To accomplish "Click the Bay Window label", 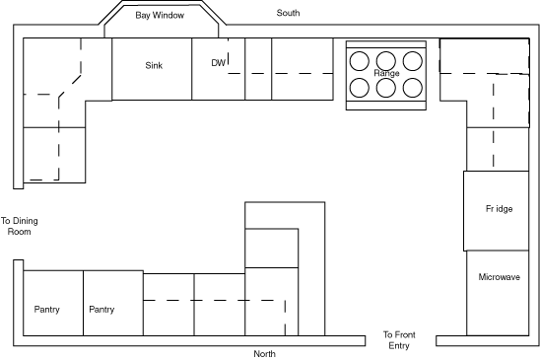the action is point(160,15).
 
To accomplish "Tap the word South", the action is point(288,13).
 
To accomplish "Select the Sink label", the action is point(154,65).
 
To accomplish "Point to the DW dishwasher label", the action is point(219,63).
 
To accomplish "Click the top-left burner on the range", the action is point(360,61).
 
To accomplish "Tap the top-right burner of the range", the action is point(413,61).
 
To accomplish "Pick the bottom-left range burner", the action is point(360,88).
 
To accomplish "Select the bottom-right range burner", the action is point(413,88).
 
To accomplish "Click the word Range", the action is point(386,73).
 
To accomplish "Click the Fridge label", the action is point(499,209).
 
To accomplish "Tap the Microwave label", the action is point(499,277).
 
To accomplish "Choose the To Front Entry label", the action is point(399,340).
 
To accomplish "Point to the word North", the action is point(264,354).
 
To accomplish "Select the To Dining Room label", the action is point(20,226).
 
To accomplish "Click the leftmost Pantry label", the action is point(47,310).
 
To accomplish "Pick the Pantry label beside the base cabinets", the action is point(101,310).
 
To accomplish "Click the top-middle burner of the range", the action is point(386,61).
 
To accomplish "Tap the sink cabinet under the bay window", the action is point(152,69).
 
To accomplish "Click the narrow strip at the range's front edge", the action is point(386,106).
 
